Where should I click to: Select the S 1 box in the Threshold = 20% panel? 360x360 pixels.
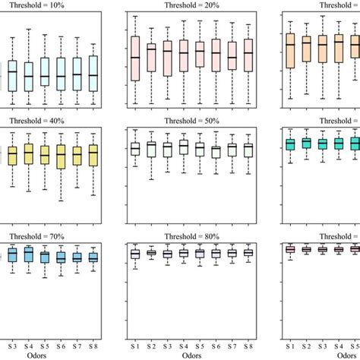[135, 58]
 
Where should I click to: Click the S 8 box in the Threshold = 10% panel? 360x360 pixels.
[93, 74]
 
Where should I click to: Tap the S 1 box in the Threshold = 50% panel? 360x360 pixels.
[135, 149]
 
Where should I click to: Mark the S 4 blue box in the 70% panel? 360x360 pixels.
[29, 254]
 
